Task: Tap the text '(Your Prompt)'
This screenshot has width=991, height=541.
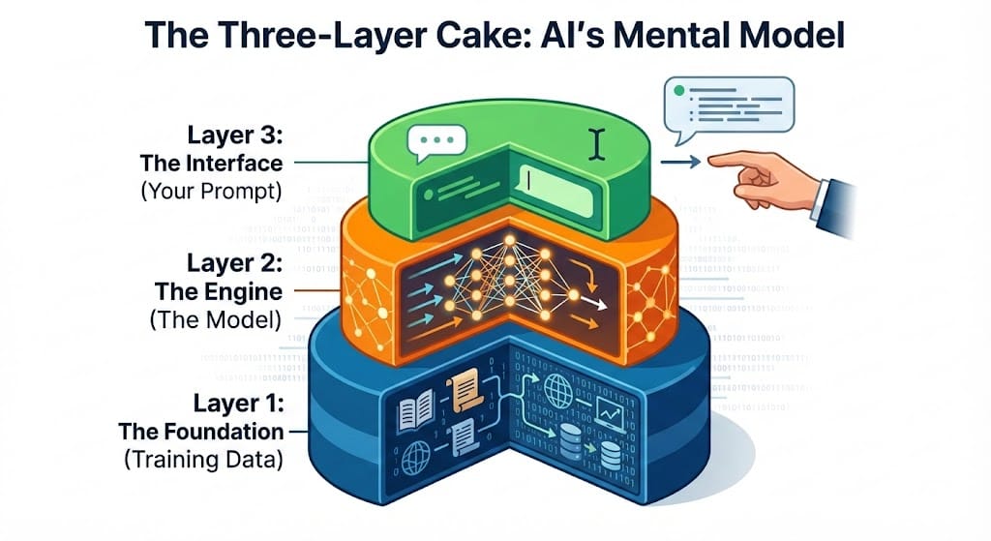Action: [x=211, y=191]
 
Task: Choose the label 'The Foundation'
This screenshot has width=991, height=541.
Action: [x=200, y=431]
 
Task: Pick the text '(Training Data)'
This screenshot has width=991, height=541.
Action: [x=203, y=461]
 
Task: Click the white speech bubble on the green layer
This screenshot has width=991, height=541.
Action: [x=431, y=145]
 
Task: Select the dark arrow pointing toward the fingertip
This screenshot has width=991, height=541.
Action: [x=681, y=163]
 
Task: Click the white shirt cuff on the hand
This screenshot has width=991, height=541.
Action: [x=821, y=199]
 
